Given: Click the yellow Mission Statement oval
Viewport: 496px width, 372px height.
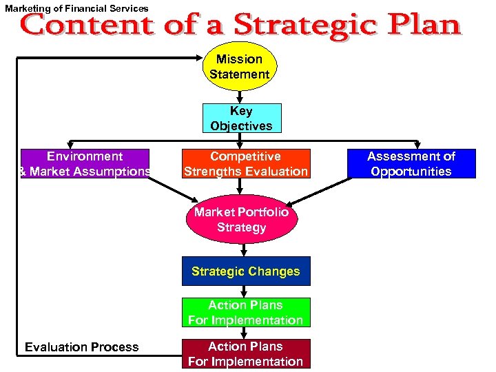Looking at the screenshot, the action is [x=240, y=67].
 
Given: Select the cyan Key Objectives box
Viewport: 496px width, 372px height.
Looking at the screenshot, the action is [x=242, y=118].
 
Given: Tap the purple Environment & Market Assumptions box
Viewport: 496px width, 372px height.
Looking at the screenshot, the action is [x=85, y=164].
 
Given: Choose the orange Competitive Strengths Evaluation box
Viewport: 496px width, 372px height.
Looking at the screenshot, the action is [x=246, y=164].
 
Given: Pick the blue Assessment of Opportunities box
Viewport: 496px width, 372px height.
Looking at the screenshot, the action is [x=411, y=164].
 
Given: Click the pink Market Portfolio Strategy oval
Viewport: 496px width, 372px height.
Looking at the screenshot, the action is [x=241, y=220].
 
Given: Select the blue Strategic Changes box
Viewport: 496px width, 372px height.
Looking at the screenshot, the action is [x=246, y=271].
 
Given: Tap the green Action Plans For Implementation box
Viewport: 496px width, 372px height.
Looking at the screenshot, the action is [x=246, y=312].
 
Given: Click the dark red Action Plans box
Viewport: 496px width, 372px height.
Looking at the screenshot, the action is [x=246, y=353].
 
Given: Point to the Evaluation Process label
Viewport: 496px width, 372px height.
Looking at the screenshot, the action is [x=82, y=347].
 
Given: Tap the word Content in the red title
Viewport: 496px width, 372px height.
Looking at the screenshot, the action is [x=87, y=25].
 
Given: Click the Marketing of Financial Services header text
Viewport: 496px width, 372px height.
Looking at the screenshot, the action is [x=76, y=8].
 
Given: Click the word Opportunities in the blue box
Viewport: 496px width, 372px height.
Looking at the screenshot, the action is [x=411, y=172].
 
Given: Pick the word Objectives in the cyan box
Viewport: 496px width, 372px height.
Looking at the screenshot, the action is [x=242, y=126].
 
